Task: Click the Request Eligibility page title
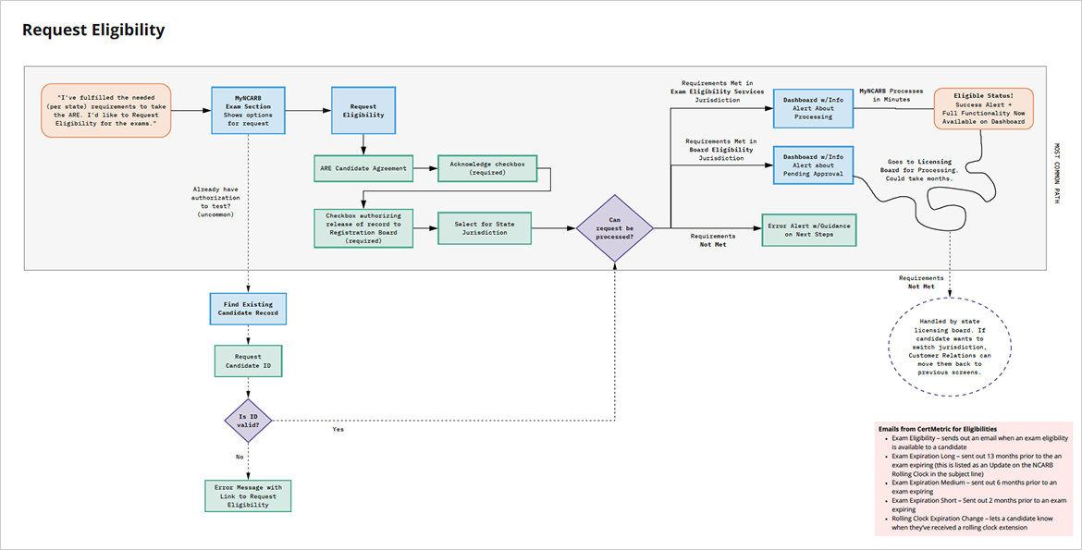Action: (x=93, y=31)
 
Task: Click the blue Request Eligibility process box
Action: (x=363, y=111)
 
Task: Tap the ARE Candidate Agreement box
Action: (x=363, y=168)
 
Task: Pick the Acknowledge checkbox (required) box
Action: (x=487, y=168)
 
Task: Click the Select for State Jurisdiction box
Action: (x=486, y=226)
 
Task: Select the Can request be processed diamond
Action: (x=614, y=227)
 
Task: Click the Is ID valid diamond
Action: (x=248, y=420)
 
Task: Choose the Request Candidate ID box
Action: (x=248, y=362)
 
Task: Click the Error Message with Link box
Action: (x=247, y=495)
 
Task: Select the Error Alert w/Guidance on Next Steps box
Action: (x=807, y=230)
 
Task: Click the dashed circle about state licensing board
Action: (x=950, y=347)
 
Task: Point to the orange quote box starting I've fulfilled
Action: (x=106, y=111)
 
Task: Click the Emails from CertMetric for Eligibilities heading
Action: (x=937, y=429)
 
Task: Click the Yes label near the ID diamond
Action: (x=338, y=430)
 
